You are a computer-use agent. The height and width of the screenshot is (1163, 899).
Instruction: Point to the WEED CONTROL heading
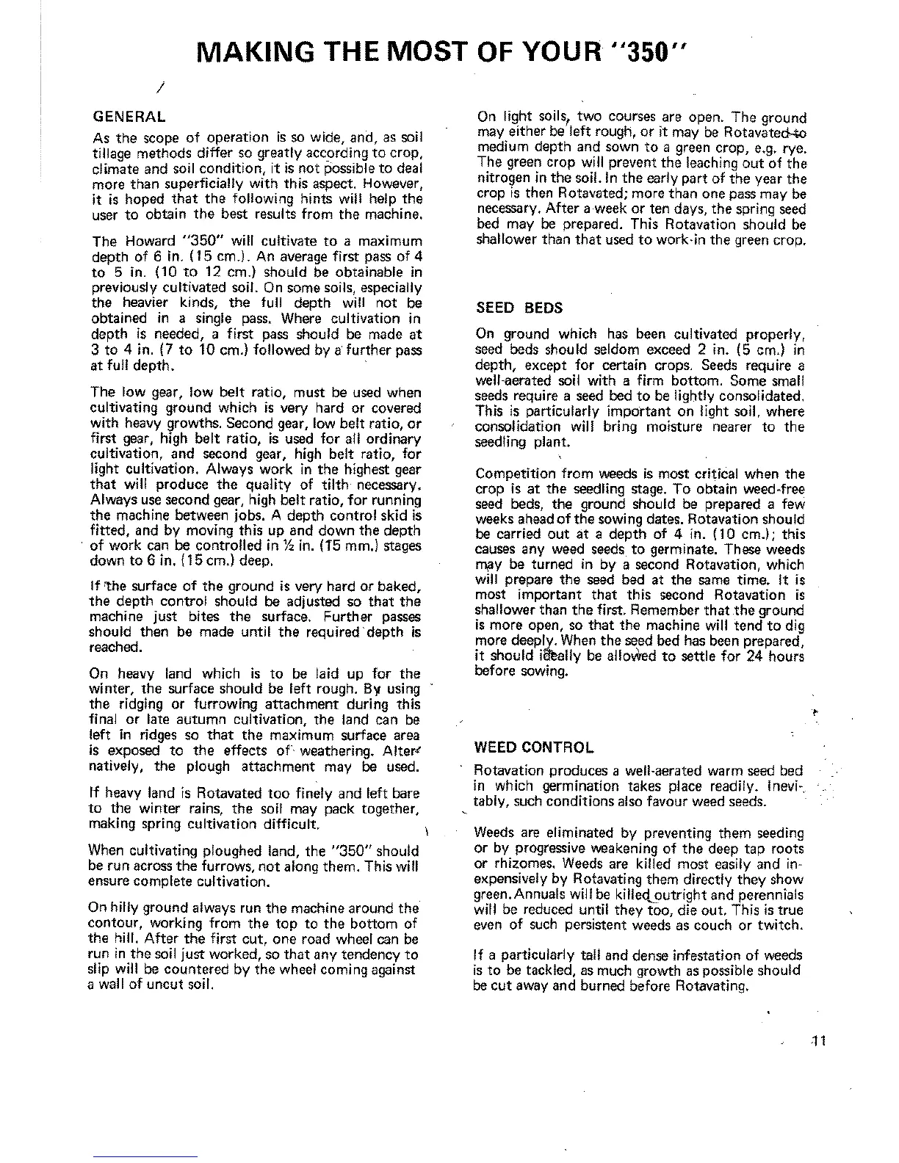tap(533, 748)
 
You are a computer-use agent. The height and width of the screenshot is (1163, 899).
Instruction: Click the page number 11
tap(820, 1040)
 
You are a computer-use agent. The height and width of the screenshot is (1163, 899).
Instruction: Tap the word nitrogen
tap(502, 179)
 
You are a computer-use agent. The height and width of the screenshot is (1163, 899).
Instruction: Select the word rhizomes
tap(517, 864)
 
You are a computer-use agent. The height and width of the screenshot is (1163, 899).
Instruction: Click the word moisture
tap(674, 427)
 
